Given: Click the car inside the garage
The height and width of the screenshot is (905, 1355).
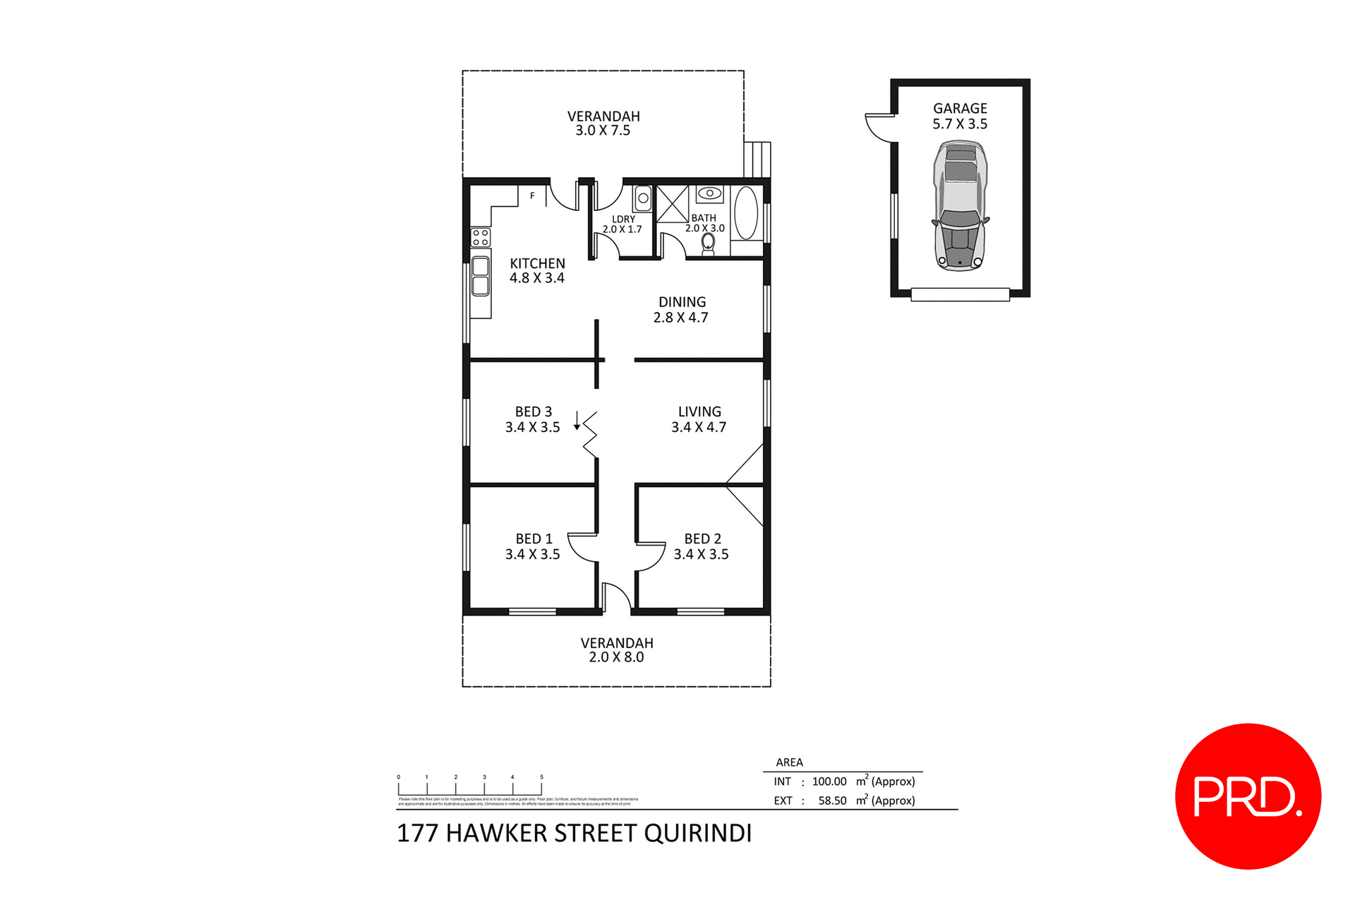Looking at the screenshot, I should [960, 205].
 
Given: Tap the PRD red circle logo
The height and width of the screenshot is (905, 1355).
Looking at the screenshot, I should [1248, 796].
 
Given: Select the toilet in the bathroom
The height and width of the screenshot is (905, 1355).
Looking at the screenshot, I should [708, 244].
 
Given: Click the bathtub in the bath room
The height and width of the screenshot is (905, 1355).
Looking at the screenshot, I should [747, 212].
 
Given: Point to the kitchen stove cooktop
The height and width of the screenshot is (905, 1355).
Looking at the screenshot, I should [481, 237].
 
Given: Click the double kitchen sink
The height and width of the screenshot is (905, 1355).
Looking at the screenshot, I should [481, 276].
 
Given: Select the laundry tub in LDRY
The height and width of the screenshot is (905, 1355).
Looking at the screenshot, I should [642, 198].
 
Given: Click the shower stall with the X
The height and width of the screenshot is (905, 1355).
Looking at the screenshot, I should [672, 204].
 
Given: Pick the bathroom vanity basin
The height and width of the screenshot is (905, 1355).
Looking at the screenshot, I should [709, 193].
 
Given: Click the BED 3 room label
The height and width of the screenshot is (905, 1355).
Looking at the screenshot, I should [534, 412].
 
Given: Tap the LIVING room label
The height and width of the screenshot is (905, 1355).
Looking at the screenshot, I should [699, 412].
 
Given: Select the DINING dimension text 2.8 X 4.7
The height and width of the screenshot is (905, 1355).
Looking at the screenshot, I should [680, 318].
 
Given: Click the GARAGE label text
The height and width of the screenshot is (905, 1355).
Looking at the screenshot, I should [960, 108].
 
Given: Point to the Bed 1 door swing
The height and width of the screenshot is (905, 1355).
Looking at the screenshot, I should [583, 547].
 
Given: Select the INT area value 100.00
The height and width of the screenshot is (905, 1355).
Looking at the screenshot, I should [829, 781].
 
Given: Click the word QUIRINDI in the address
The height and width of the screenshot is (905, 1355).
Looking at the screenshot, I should [697, 833].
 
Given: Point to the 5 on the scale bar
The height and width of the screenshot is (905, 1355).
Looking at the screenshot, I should [541, 777].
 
